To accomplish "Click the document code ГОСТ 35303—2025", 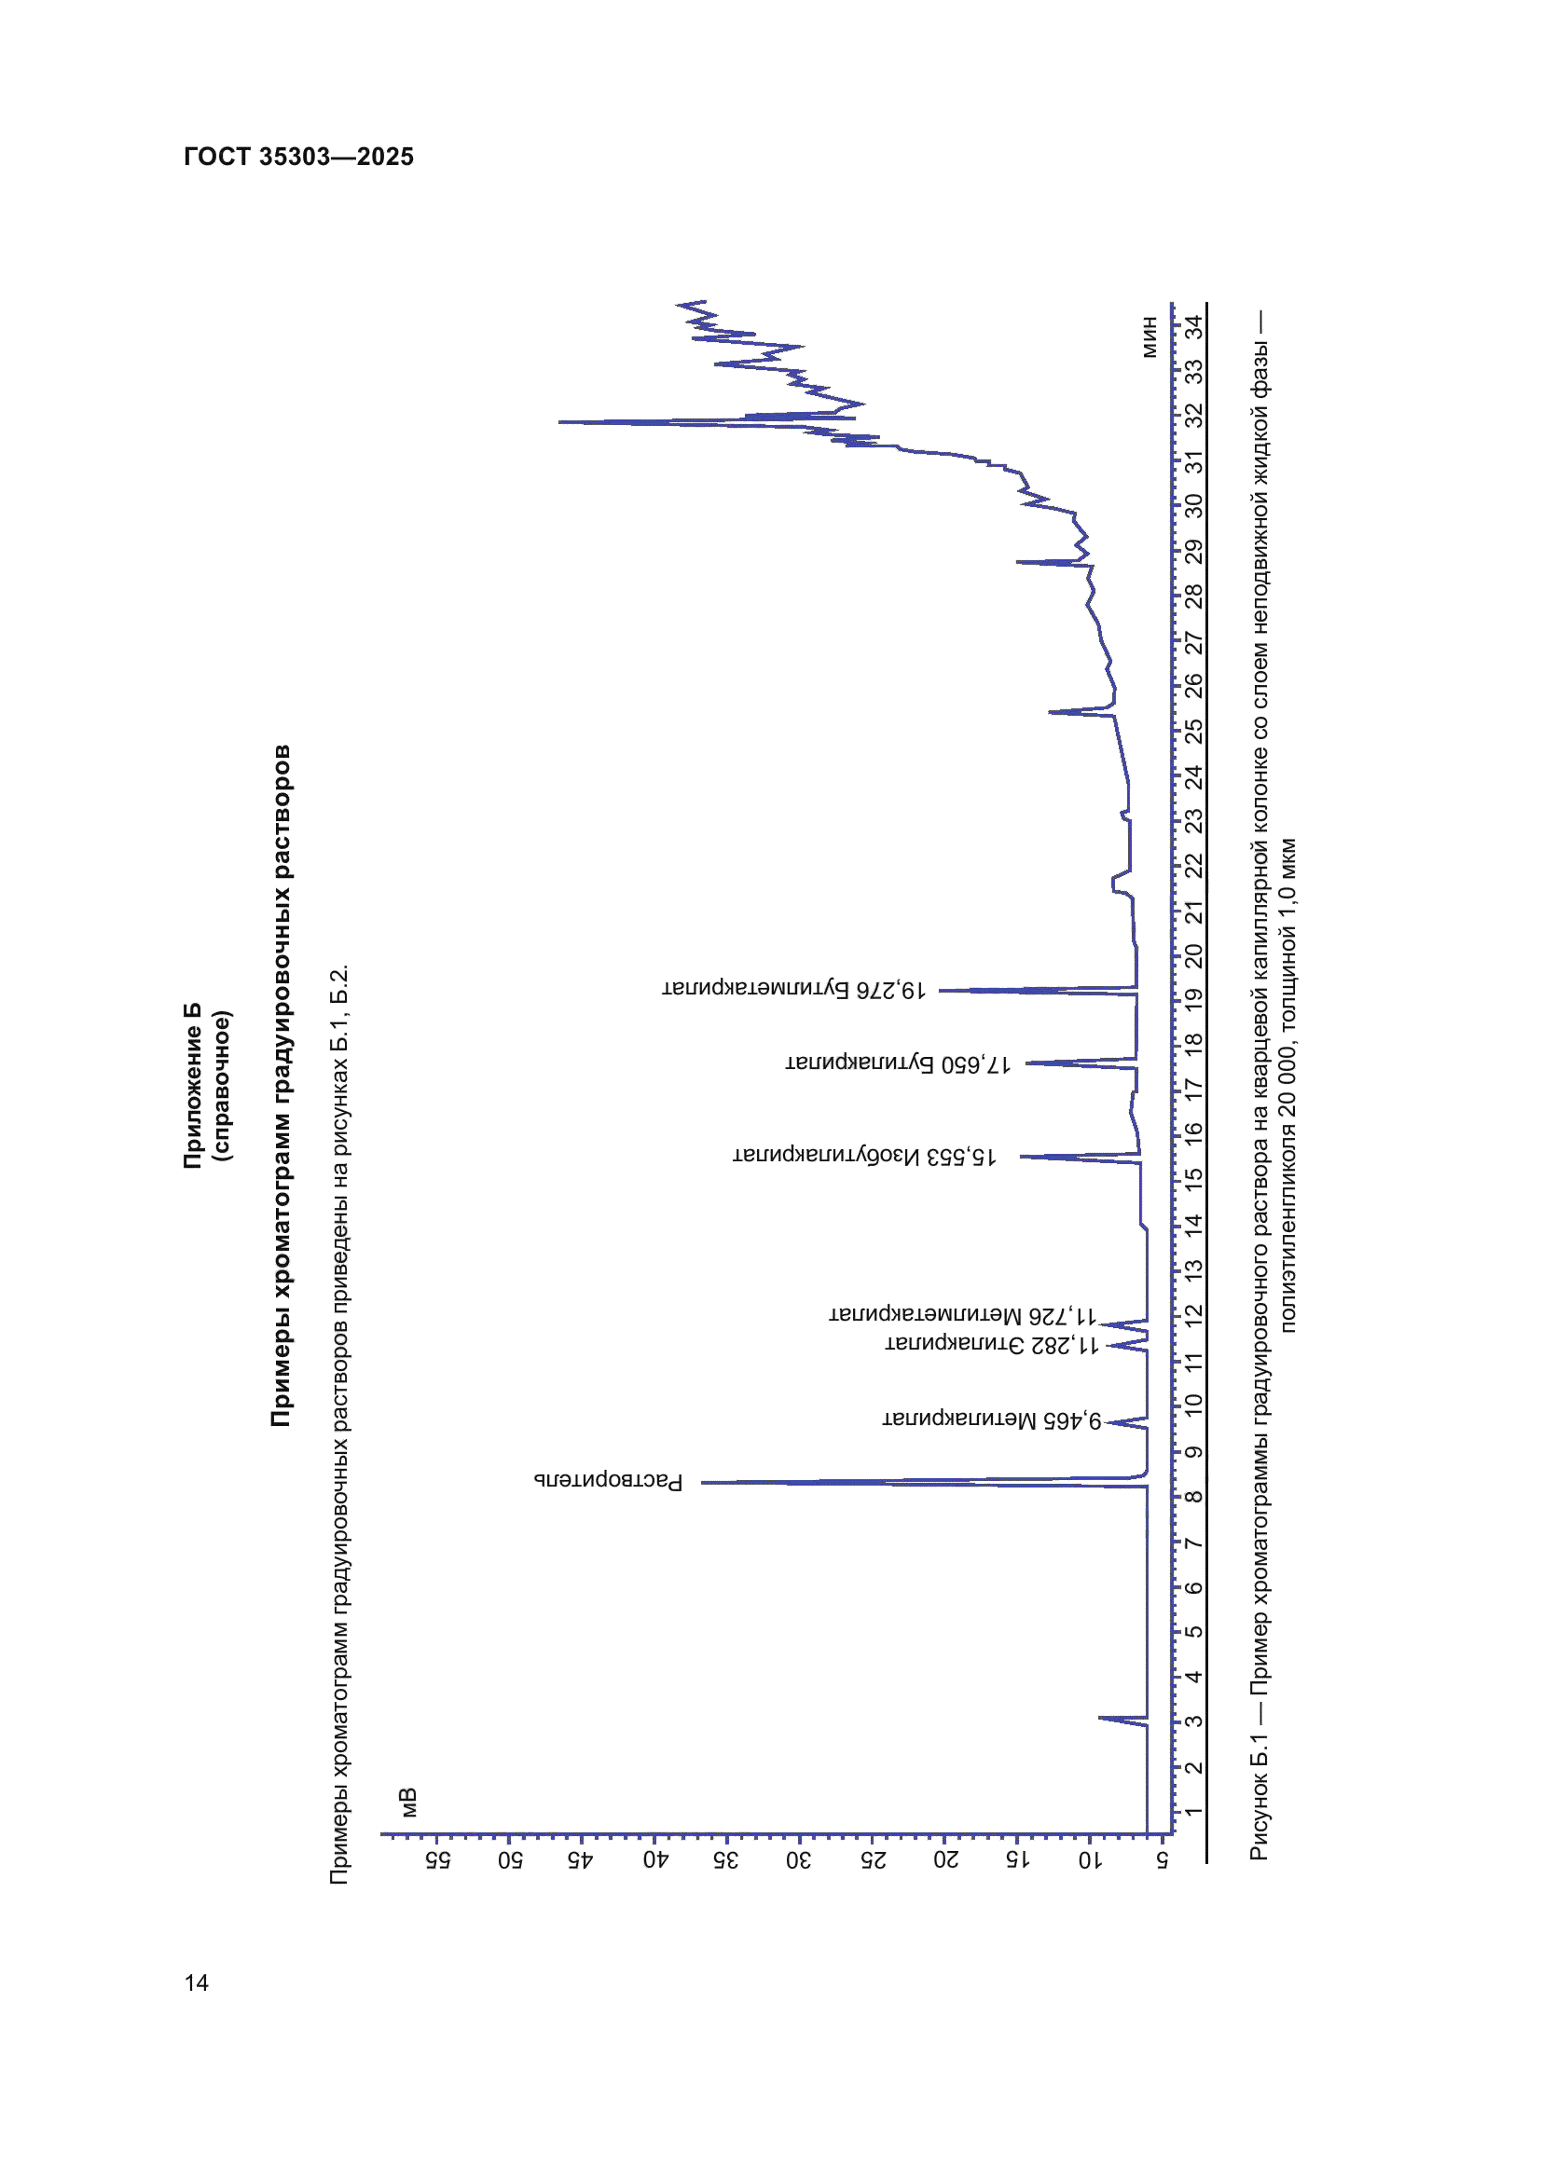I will coord(298,157).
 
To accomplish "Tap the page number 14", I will coord(196,1981).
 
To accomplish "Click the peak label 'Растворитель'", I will coord(609,1480).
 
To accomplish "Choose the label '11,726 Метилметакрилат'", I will coord(964,1314).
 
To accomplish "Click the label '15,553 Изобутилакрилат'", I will coord(864,1156).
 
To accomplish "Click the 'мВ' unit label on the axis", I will coord(408,1802).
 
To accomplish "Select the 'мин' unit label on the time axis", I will coord(1149,337).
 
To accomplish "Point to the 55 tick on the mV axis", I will coord(438,1859).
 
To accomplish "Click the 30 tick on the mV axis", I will coord(800,1859).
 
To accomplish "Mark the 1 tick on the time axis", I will coord(1193,1811).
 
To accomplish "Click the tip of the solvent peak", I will coord(704,1481).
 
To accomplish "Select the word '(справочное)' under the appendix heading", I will coord(221,1084).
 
